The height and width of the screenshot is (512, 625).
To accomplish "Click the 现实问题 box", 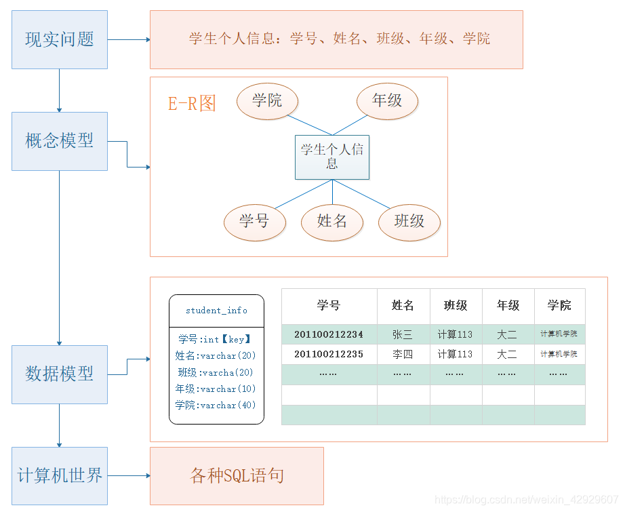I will pyautogui.click(x=60, y=39).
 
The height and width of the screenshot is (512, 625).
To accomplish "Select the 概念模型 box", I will pyautogui.click(x=60, y=141).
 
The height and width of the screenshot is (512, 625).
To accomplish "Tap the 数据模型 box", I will pyautogui.click(x=60, y=374).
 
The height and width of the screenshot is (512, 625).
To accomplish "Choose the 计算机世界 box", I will pyautogui.click(x=60, y=475).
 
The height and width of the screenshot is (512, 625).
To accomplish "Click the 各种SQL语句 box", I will pyautogui.click(x=237, y=475).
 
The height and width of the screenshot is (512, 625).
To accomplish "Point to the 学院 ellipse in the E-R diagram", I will pyautogui.click(x=267, y=101).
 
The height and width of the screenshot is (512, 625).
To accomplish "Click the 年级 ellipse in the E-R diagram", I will pyautogui.click(x=387, y=101).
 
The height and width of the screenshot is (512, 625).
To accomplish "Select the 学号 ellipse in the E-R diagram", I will pyautogui.click(x=254, y=221).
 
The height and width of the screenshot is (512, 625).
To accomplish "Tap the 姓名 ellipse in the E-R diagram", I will pyautogui.click(x=332, y=221).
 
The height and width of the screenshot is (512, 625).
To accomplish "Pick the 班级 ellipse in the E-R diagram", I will pyautogui.click(x=409, y=221).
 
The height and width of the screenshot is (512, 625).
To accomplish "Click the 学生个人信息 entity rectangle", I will pyautogui.click(x=332, y=157).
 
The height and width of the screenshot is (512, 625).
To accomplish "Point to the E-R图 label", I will pyautogui.click(x=192, y=103).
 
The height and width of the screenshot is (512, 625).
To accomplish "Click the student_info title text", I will pyautogui.click(x=216, y=311).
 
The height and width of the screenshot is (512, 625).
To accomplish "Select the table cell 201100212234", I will pyautogui.click(x=329, y=334).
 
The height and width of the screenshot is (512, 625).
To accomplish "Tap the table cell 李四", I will pyautogui.click(x=403, y=354).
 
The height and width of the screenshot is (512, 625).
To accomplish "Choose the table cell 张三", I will pyautogui.click(x=403, y=334).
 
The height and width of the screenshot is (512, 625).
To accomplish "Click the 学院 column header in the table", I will pyautogui.click(x=559, y=306).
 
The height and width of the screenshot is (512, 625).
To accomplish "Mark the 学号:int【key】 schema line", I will pyautogui.click(x=216, y=339).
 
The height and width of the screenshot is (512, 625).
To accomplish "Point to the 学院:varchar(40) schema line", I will pyautogui.click(x=216, y=405).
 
